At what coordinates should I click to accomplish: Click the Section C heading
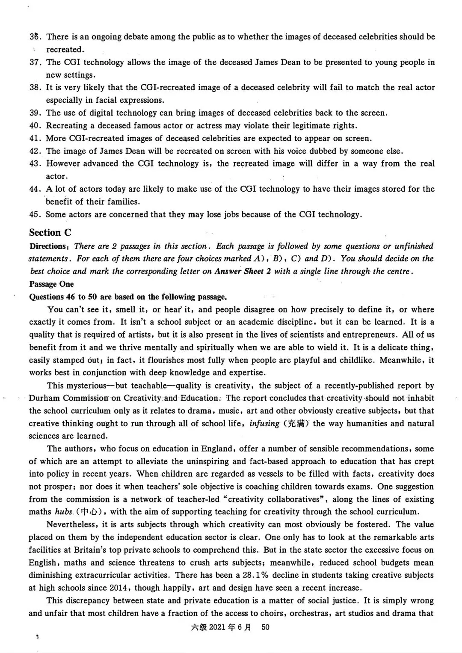click(x=50, y=233)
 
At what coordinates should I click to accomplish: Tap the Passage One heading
click(x=51, y=284)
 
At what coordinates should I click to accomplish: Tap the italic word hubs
click(x=64, y=512)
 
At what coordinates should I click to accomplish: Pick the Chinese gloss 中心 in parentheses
click(x=93, y=512)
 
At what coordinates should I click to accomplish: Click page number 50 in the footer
click(x=265, y=627)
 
